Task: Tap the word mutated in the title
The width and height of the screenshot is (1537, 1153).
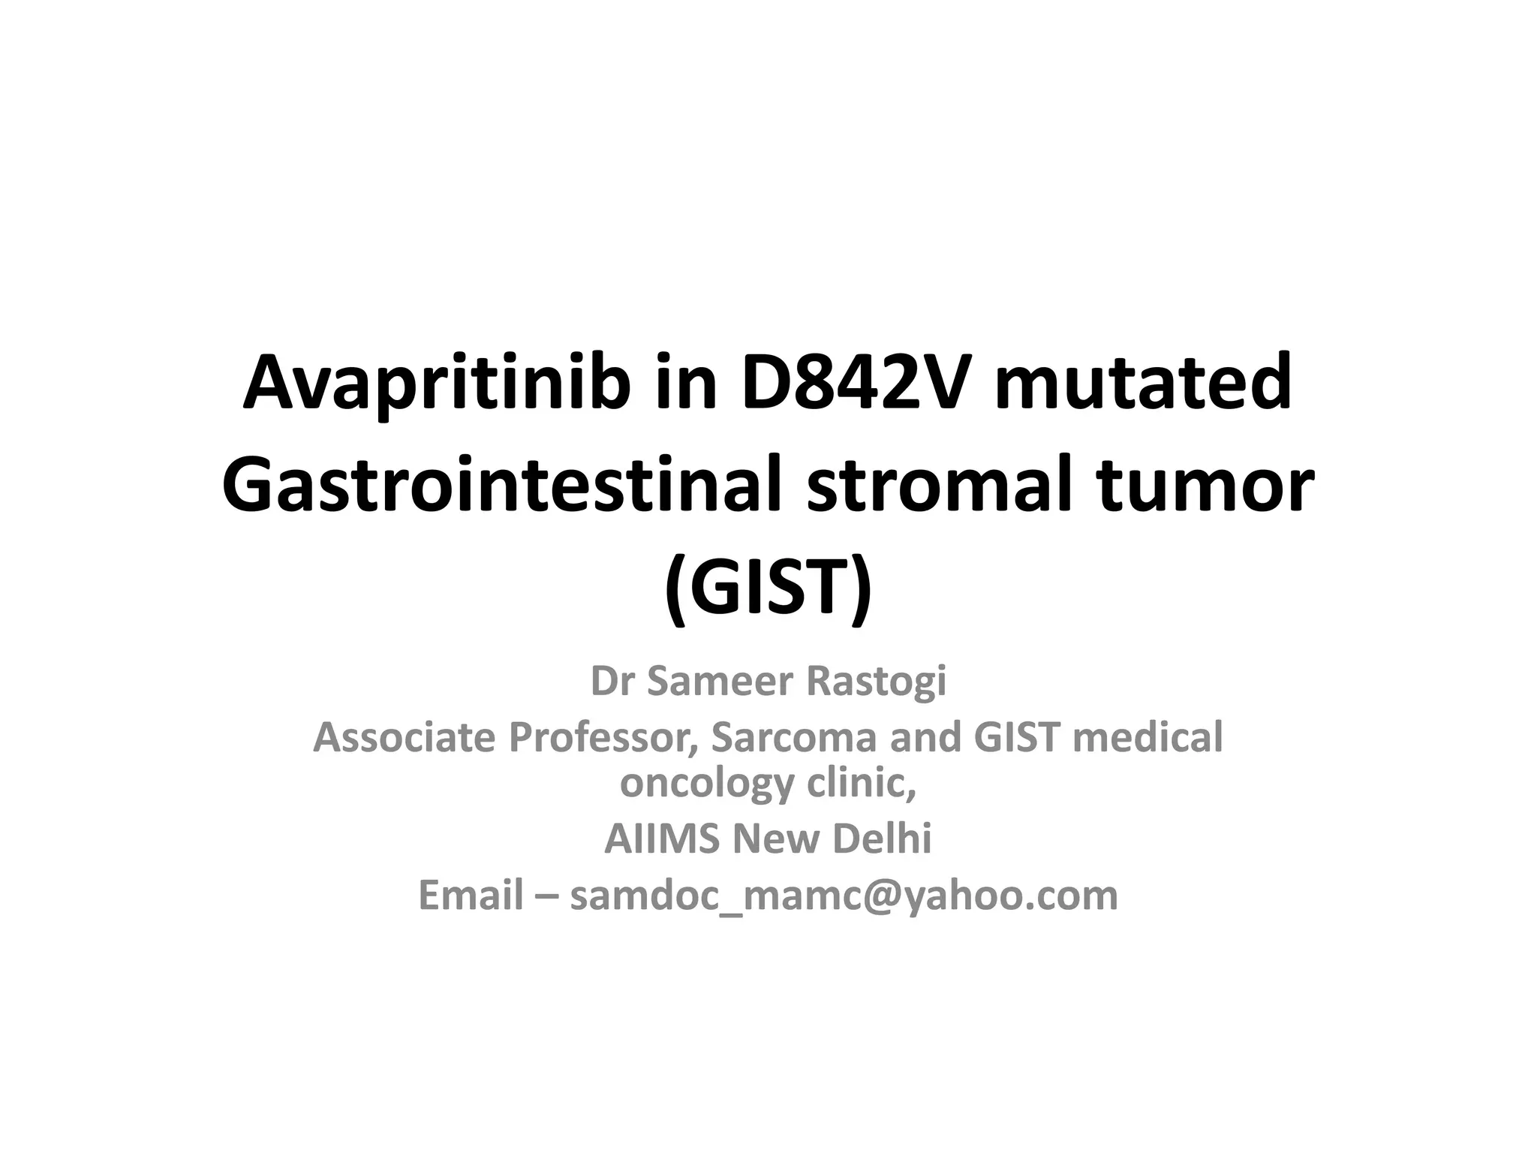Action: click(x=1144, y=384)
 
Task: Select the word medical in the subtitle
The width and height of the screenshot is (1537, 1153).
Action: click(x=1147, y=737)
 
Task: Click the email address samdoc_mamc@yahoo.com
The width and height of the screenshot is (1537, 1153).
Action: click(x=844, y=896)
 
